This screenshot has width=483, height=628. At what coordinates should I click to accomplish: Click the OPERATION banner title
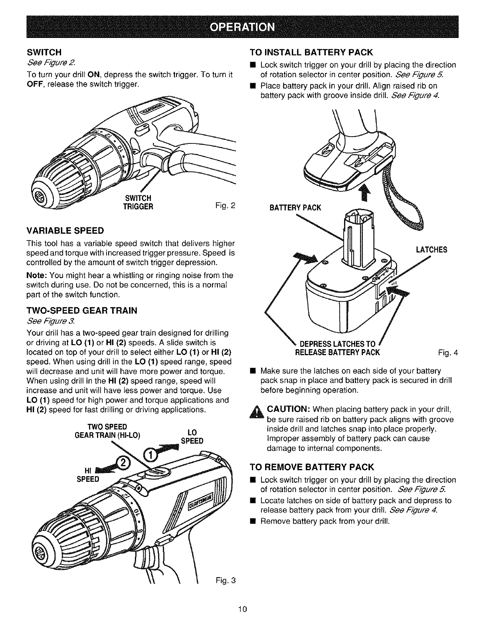tap(242, 27)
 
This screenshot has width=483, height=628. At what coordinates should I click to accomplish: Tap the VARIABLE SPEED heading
tap(65, 231)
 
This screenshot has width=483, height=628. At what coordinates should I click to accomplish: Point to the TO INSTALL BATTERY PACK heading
tap(311, 52)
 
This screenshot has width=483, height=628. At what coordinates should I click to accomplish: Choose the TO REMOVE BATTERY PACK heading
tap(312, 467)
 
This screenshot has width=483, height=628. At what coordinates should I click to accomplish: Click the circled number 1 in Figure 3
tap(150, 456)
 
